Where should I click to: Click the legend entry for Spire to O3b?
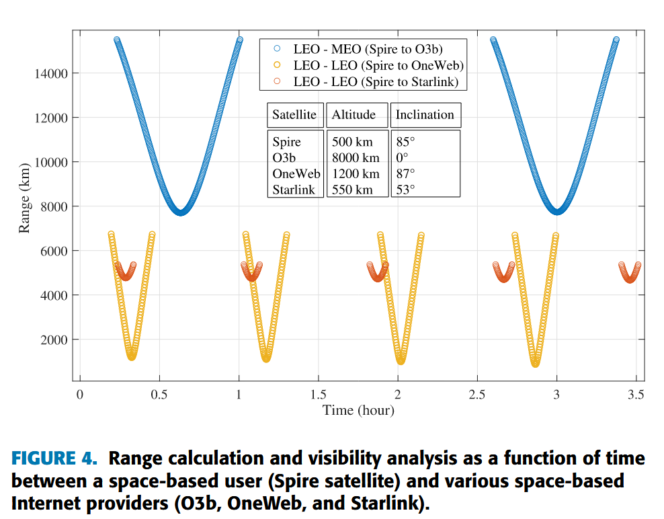click(x=368, y=49)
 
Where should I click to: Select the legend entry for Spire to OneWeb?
click(x=378, y=65)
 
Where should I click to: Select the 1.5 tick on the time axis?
click(x=318, y=395)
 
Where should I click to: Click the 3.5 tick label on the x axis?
click(x=636, y=395)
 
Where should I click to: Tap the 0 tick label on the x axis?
click(x=79, y=395)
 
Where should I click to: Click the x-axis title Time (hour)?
click(x=358, y=410)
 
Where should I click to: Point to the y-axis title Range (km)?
click(x=25, y=198)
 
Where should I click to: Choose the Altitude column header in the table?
click(x=354, y=115)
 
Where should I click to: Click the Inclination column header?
click(x=425, y=115)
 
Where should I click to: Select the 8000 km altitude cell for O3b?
click(x=356, y=158)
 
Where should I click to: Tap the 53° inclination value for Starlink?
click(x=405, y=190)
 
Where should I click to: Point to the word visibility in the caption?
click(x=334, y=460)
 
